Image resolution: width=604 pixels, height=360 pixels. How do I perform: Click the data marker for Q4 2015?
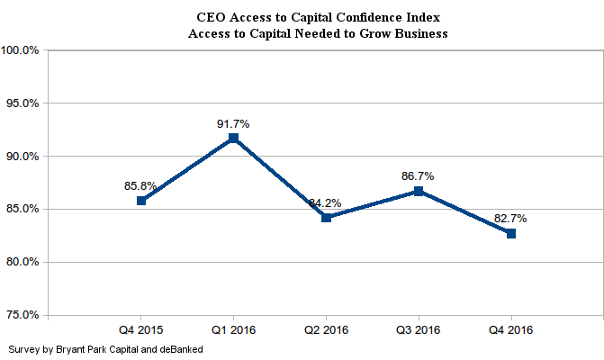(141, 201)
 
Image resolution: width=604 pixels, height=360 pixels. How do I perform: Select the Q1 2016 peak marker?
(233, 138)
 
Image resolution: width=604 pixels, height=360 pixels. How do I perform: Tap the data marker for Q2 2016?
(326, 217)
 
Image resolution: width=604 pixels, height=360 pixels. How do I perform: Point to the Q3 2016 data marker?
(419, 191)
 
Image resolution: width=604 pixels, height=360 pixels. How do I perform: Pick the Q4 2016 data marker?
(510, 233)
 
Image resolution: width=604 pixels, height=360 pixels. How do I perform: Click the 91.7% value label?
(233, 123)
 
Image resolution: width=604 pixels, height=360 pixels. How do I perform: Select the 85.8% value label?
(140, 186)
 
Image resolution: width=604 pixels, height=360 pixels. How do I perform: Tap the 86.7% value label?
(419, 176)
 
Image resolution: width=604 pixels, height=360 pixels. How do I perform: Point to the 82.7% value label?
(510, 219)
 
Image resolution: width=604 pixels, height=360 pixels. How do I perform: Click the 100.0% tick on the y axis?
(20, 50)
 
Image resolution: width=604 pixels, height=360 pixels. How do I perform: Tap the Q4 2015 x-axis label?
(141, 330)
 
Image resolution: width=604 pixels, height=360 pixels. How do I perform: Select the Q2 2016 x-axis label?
(326, 330)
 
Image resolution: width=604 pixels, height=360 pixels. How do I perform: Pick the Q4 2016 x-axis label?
(510, 330)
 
